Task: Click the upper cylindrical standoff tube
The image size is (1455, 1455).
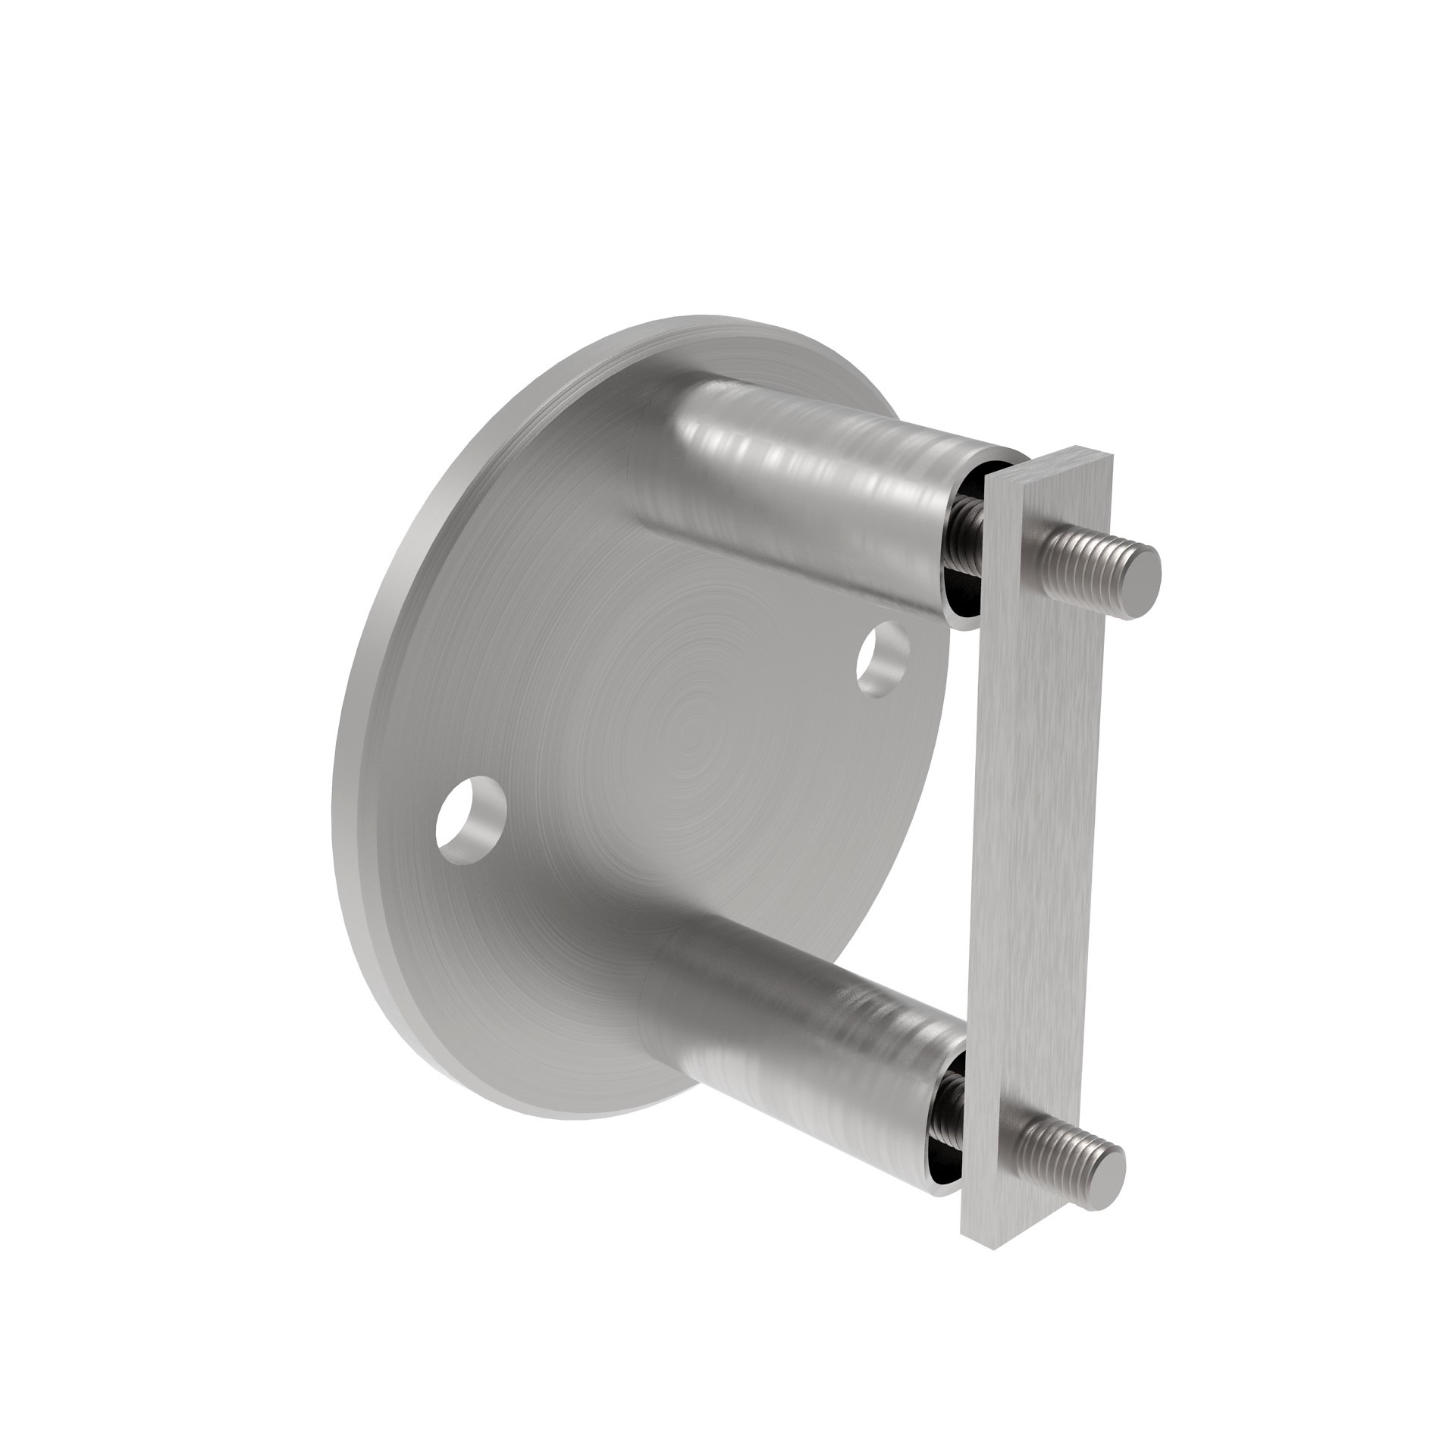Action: click(819, 485)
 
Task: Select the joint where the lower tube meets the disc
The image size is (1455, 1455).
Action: click(660, 986)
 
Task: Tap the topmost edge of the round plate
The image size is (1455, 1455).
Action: click(705, 318)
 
